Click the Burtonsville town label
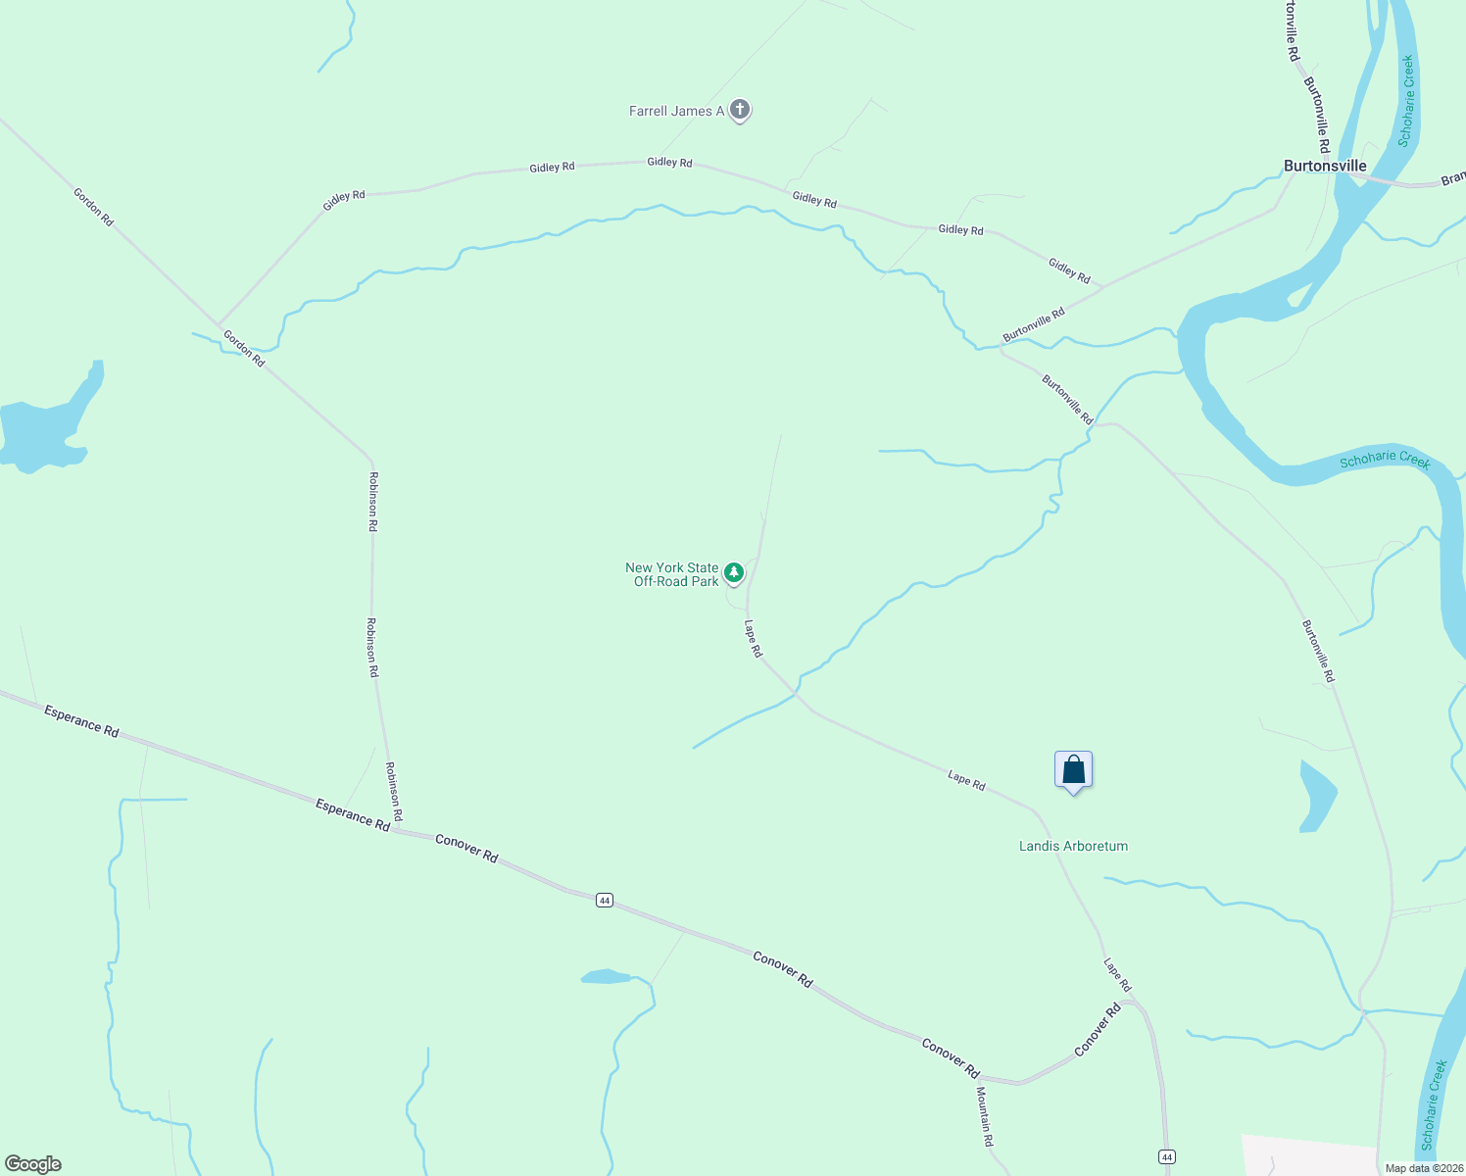tap(1325, 167)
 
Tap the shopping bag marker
tap(1073, 770)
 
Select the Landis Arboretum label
tap(1073, 846)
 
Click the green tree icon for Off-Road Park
tap(734, 571)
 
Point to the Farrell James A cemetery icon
tap(740, 110)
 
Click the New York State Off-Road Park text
tap(672, 574)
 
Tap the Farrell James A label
tap(676, 111)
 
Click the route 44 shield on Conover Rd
tap(605, 900)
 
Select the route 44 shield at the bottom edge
tap(1166, 1157)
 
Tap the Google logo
tap(32, 1164)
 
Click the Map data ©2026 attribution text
tap(1424, 1168)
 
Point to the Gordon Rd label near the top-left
tap(93, 207)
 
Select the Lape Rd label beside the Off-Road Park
tap(753, 639)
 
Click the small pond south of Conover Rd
tap(606, 976)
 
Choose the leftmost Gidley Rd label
tap(344, 200)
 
